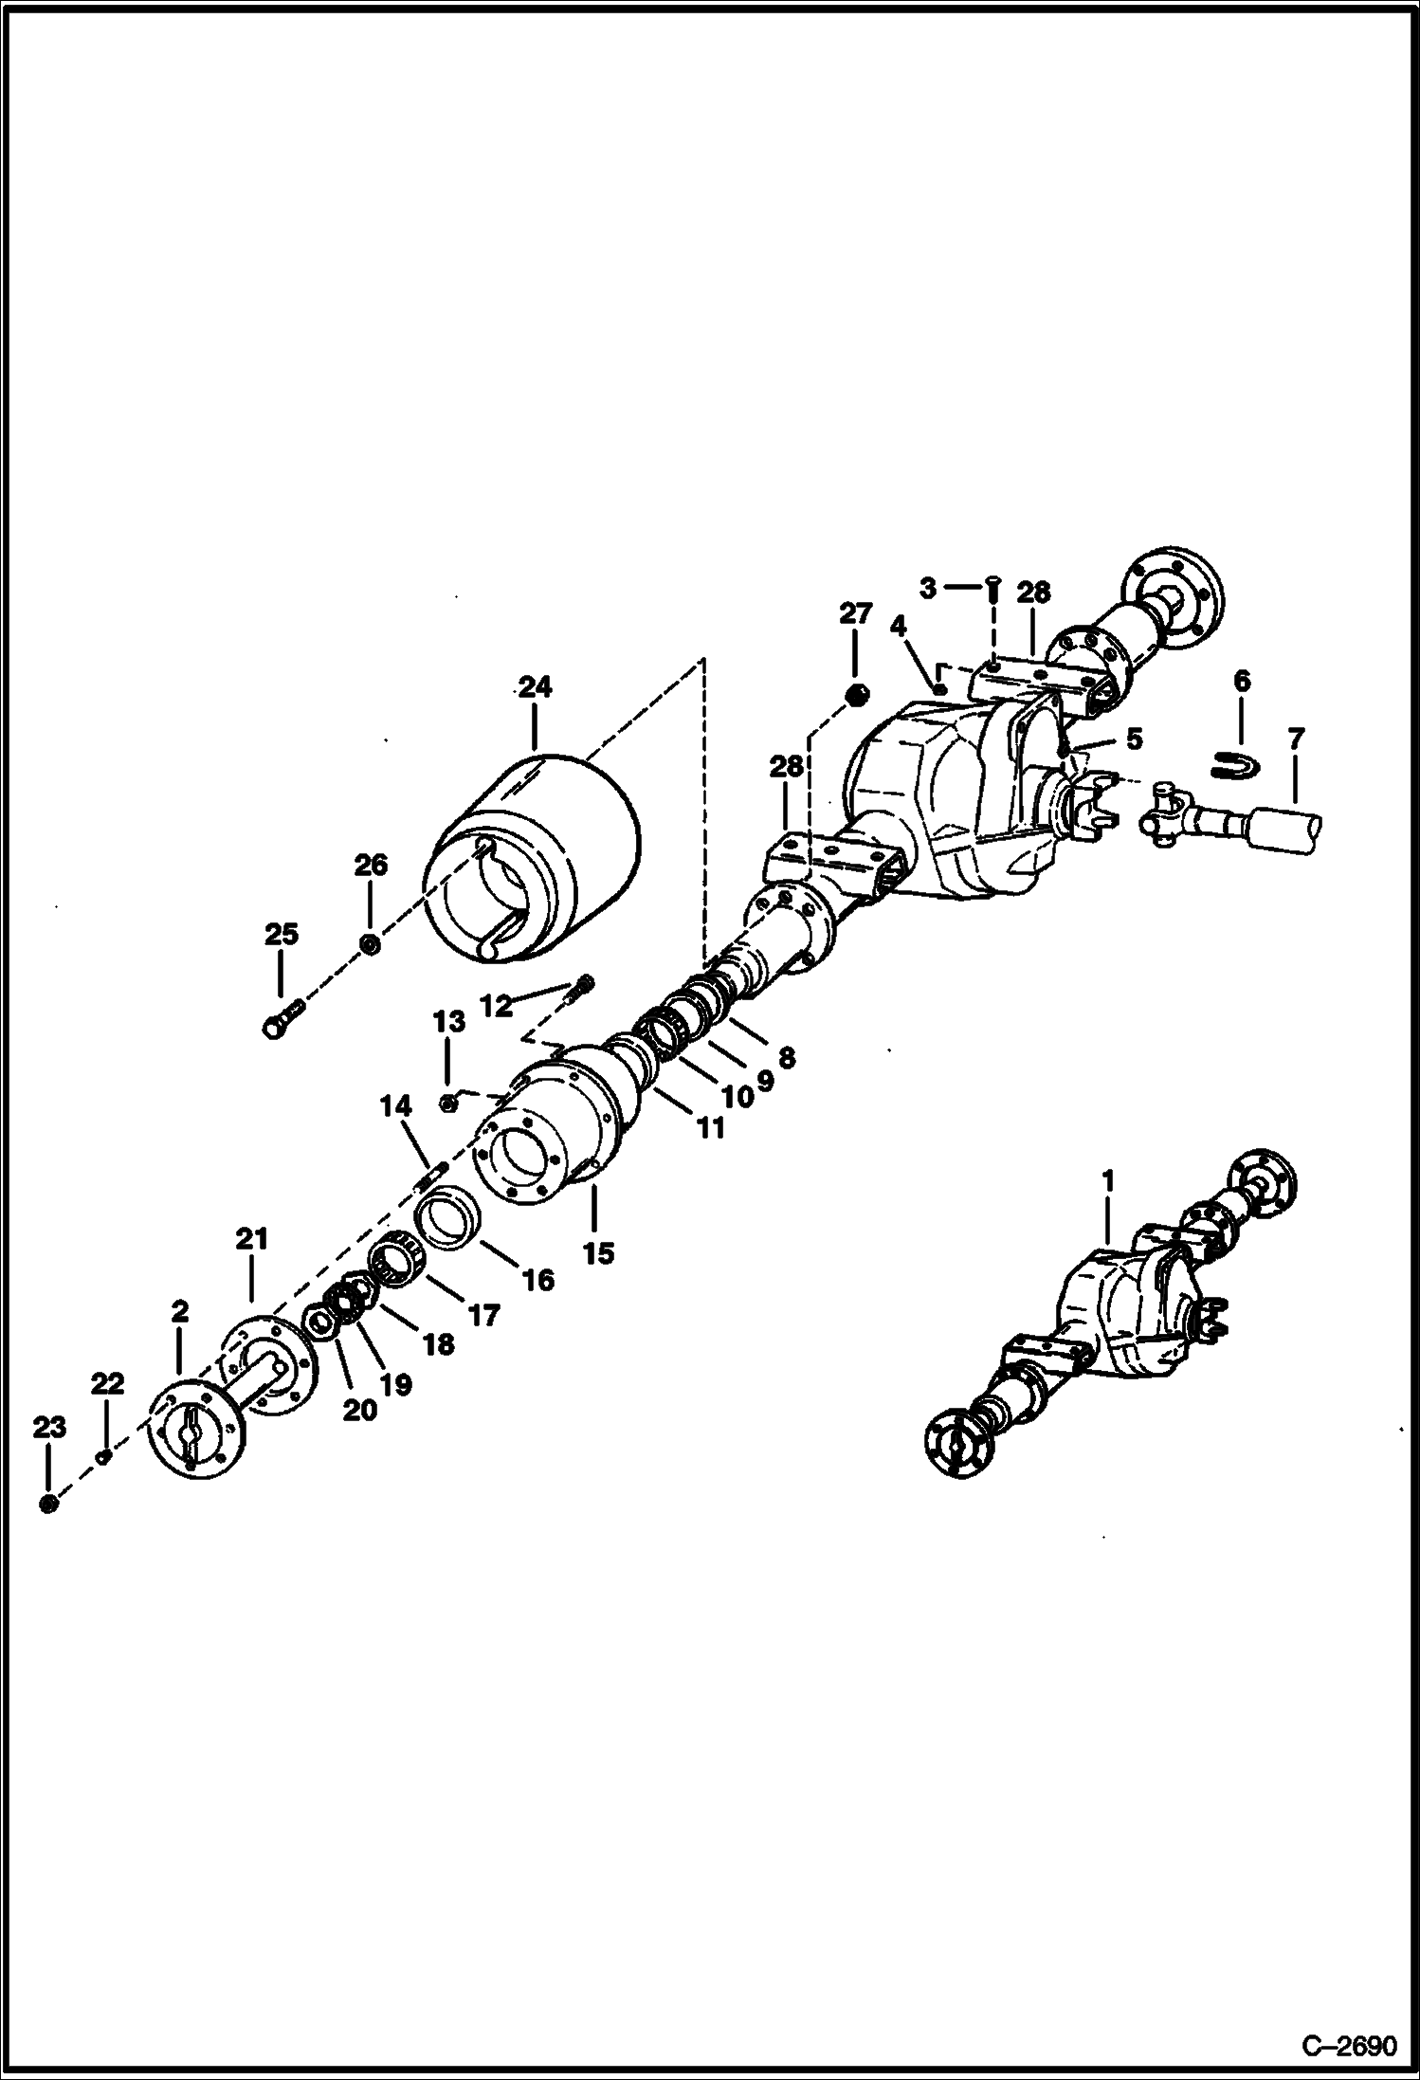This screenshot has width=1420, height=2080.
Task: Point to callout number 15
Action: coord(598,1253)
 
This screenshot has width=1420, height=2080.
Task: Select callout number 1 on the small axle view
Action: coord(1108,1182)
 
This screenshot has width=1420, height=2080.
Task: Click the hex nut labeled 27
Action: coord(855,695)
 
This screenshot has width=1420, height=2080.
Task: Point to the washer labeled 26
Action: coord(371,944)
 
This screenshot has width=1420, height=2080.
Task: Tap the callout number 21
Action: coord(252,1238)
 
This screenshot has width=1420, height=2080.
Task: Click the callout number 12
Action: coord(496,1005)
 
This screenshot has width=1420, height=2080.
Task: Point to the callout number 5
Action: coord(1134,738)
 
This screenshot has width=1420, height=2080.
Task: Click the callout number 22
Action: coord(107,1383)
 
